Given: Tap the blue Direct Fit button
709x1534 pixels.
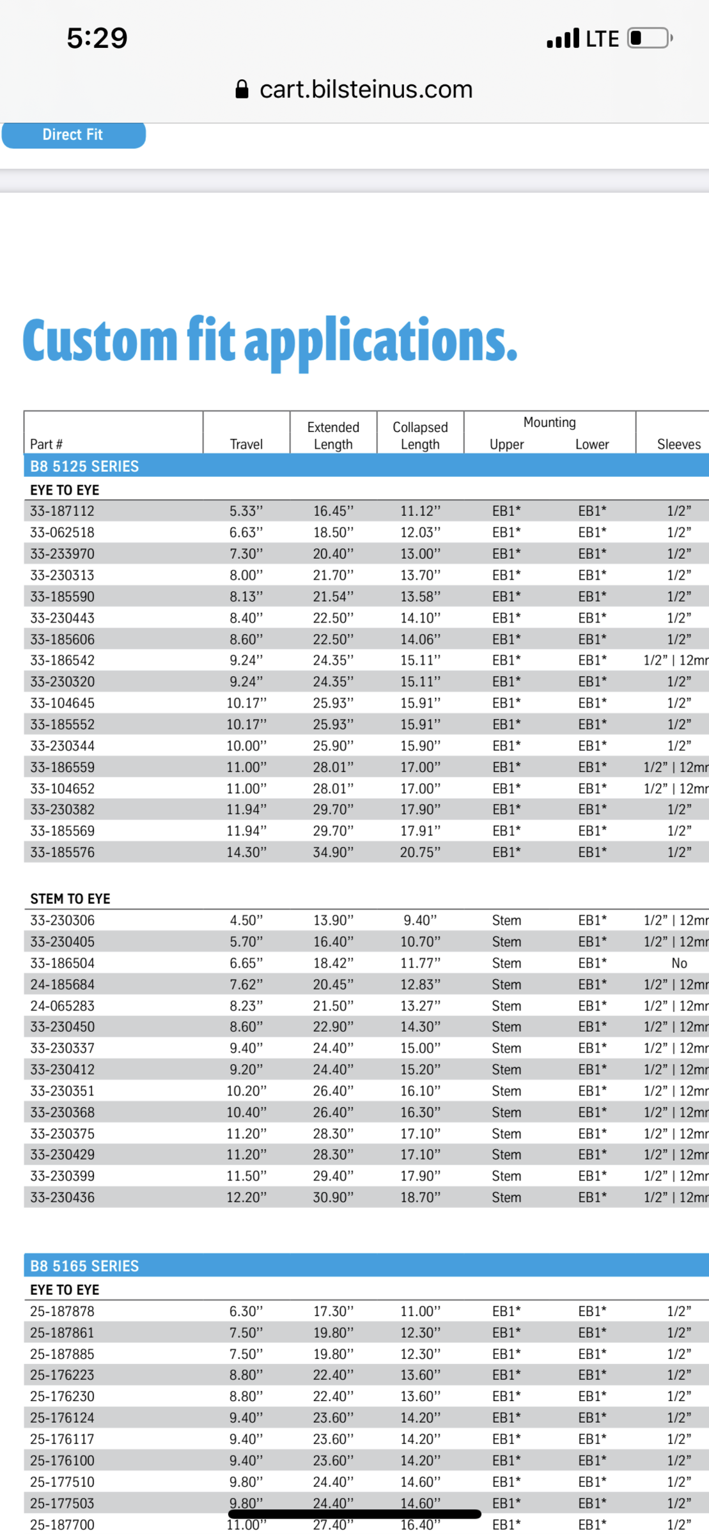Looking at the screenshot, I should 73,135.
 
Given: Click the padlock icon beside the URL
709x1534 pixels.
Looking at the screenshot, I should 242,89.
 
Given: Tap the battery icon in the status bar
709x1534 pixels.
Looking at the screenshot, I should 649,38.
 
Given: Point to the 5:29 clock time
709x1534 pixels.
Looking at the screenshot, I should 97,38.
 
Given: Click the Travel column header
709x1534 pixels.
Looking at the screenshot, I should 246,444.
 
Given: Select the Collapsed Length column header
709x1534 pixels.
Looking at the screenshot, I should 420,436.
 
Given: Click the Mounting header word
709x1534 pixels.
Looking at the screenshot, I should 549,422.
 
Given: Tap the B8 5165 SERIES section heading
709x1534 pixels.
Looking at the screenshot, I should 84,1266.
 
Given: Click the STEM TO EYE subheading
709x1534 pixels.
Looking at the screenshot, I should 70,899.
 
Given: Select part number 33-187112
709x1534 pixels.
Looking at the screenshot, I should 62,511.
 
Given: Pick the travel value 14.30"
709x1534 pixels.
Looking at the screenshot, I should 246,852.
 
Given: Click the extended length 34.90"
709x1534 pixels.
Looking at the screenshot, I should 333,852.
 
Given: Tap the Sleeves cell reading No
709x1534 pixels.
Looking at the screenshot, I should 679,963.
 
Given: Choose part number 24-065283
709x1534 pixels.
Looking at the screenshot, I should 62,1006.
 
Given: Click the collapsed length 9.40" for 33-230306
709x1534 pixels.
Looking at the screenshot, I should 420,920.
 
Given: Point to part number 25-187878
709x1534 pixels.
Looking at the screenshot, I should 62,1312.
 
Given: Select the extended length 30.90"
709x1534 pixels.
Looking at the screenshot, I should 333,1197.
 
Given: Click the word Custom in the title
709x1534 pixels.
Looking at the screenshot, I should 100,341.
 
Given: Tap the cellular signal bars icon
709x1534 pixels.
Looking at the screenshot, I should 563,38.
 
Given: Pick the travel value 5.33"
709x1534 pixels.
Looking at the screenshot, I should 246,511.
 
